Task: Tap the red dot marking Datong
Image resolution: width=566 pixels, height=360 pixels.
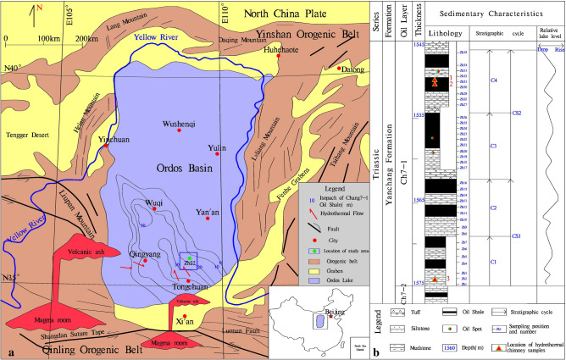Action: (340, 68)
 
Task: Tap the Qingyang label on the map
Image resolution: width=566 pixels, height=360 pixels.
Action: (143, 251)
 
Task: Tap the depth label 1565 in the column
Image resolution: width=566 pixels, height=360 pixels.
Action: (419, 200)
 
